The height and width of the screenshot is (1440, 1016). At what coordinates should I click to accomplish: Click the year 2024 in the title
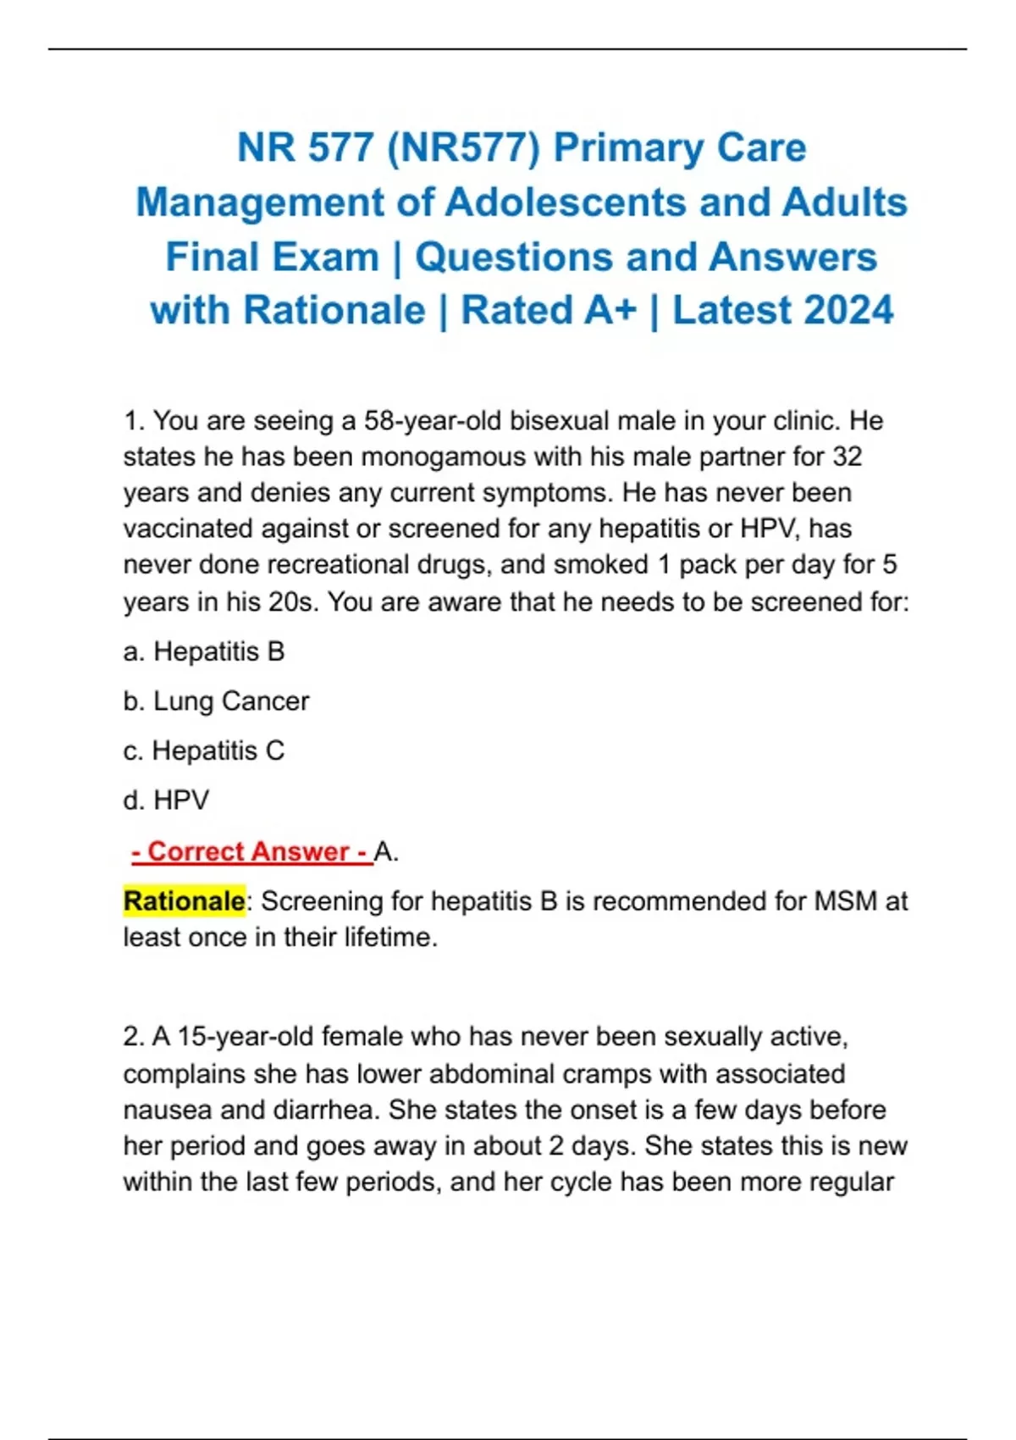click(848, 310)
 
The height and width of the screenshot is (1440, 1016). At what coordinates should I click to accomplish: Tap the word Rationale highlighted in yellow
click(184, 901)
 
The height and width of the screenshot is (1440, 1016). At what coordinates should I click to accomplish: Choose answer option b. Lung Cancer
click(216, 701)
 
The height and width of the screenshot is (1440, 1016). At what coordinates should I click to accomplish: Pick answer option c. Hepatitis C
click(204, 750)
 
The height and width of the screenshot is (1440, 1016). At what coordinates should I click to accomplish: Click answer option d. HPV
click(166, 800)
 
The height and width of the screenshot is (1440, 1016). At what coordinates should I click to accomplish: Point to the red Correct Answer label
click(251, 851)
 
